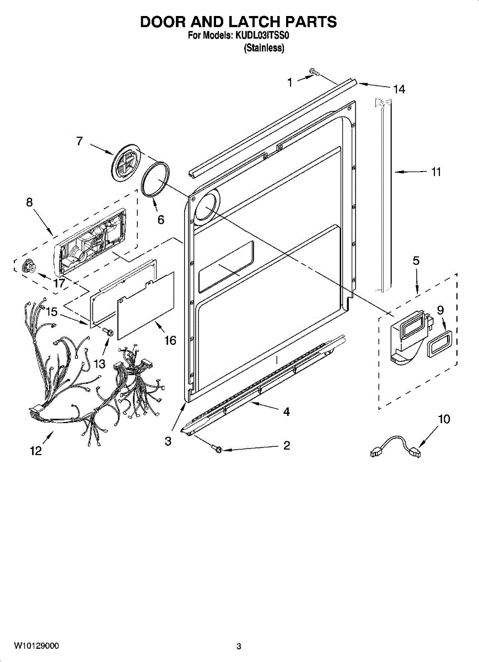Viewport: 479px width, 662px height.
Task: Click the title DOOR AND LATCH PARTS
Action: click(x=238, y=22)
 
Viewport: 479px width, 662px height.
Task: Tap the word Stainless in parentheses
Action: click(x=263, y=49)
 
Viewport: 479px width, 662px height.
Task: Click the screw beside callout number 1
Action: click(x=315, y=72)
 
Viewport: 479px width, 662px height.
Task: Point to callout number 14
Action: click(x=399, y=89)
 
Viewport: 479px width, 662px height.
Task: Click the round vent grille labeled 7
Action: click(x=126, y=161)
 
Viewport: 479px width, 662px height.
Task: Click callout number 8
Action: click(x=29, y=202)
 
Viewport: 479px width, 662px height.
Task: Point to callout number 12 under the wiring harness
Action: click(x=35, y=451)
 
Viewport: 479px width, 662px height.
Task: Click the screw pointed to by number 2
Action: click(x=217, y=449)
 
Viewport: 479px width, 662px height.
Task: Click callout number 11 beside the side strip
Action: click(x=436, y=172)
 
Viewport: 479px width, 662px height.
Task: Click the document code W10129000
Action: click(x=36, y=645)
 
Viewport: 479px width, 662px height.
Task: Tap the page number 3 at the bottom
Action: click(x=239, y=646)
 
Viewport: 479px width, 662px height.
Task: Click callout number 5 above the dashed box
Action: click(x=416, y=261)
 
